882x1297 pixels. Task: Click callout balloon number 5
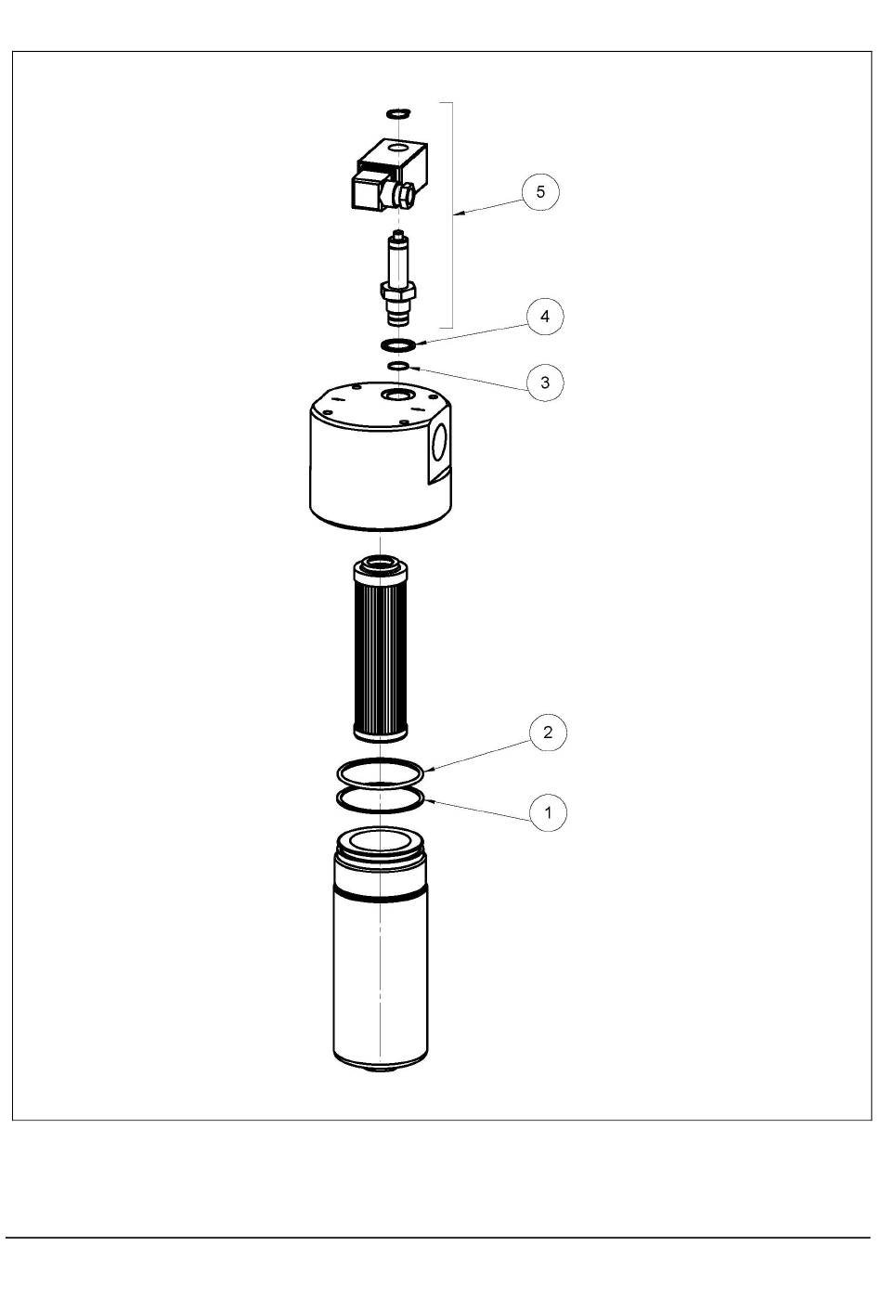tap(540, 191)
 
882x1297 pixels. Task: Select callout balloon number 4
tap(544, 317)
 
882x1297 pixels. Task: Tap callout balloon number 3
tap(544, 383)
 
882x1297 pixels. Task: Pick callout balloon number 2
tap(547, 733)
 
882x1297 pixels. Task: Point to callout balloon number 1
tap(548, 812)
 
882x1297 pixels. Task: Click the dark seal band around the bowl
tap(381, 898)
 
